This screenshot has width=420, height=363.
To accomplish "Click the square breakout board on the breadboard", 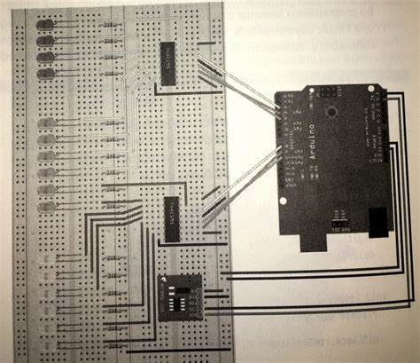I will coord(179,296).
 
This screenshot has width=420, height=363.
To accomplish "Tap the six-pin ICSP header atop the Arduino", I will coord(328,91).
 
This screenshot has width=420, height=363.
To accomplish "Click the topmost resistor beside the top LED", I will coord(110,26).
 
